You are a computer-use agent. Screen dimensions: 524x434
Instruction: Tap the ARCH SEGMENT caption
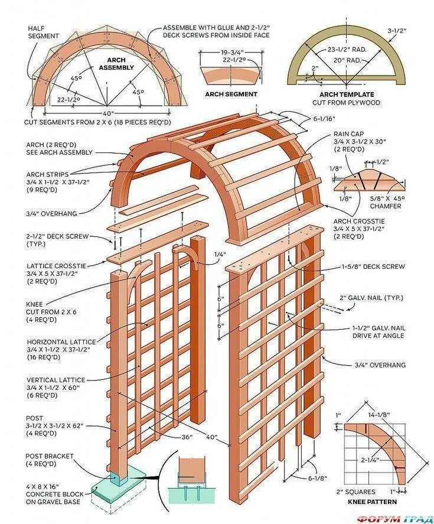click(231, 94)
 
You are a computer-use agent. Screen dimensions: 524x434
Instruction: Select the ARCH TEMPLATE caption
click(346, 95)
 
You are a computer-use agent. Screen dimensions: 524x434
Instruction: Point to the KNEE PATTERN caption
click(373, 502)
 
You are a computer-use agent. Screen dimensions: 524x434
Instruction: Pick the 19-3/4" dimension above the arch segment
click(231, 51)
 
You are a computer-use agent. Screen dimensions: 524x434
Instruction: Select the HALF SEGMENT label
click(44, 32)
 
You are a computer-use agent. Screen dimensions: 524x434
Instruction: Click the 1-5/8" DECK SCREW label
click(373, 266)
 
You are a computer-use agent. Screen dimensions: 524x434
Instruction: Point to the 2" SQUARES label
click(355, 492)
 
